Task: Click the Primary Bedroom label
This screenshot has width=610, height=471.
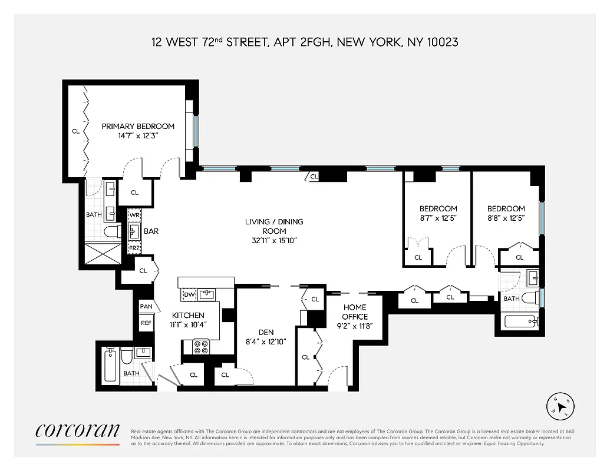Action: [x=138, y=126]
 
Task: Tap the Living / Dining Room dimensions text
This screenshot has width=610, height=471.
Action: [x=274, y=240]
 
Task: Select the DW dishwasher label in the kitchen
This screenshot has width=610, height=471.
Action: [x=189, y=294]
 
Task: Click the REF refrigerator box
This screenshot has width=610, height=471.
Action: [x=146, y=323]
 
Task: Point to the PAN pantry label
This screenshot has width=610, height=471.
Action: [x=146, y=307]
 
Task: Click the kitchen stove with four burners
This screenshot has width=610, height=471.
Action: [x=201, y=346]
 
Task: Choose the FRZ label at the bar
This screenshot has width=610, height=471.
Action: [x=134, y=248]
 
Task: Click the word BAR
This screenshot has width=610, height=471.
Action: [x=151, y=231]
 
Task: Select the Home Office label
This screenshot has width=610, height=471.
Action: [x=355, y=311]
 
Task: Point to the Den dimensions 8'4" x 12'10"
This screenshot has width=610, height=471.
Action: [x=265, y=341]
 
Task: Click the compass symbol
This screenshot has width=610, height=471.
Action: [x=561, y=406]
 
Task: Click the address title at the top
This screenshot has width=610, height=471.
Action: [x=305, y=42]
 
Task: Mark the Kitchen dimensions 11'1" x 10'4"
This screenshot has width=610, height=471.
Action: [x=188, y=324]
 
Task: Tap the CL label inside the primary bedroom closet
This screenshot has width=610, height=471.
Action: [x=75, y=131]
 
